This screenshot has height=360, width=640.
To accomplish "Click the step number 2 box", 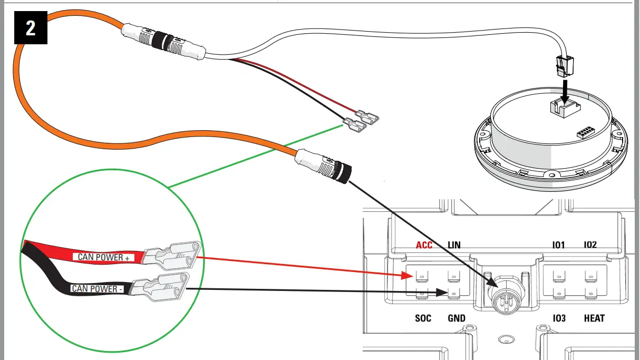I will (x=31, y=27).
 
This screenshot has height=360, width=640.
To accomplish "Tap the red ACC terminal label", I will (x=424, y=245).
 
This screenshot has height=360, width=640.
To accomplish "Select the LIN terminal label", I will (x=453, y=245).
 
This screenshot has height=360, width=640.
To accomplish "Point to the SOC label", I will (x=423, y=318).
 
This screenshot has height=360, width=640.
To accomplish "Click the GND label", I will (x=456, y=318).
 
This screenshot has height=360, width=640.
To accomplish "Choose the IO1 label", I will (x=558, y=245).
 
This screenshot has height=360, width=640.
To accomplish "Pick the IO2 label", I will (x=590, y=245).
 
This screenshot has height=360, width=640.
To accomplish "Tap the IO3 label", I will (x=559, y=318).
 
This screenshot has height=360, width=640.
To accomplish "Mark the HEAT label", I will (x=594, y=318).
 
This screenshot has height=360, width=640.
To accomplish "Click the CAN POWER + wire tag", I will (x=103, y=257).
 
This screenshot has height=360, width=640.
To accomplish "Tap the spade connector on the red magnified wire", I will (x=171, y=256).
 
